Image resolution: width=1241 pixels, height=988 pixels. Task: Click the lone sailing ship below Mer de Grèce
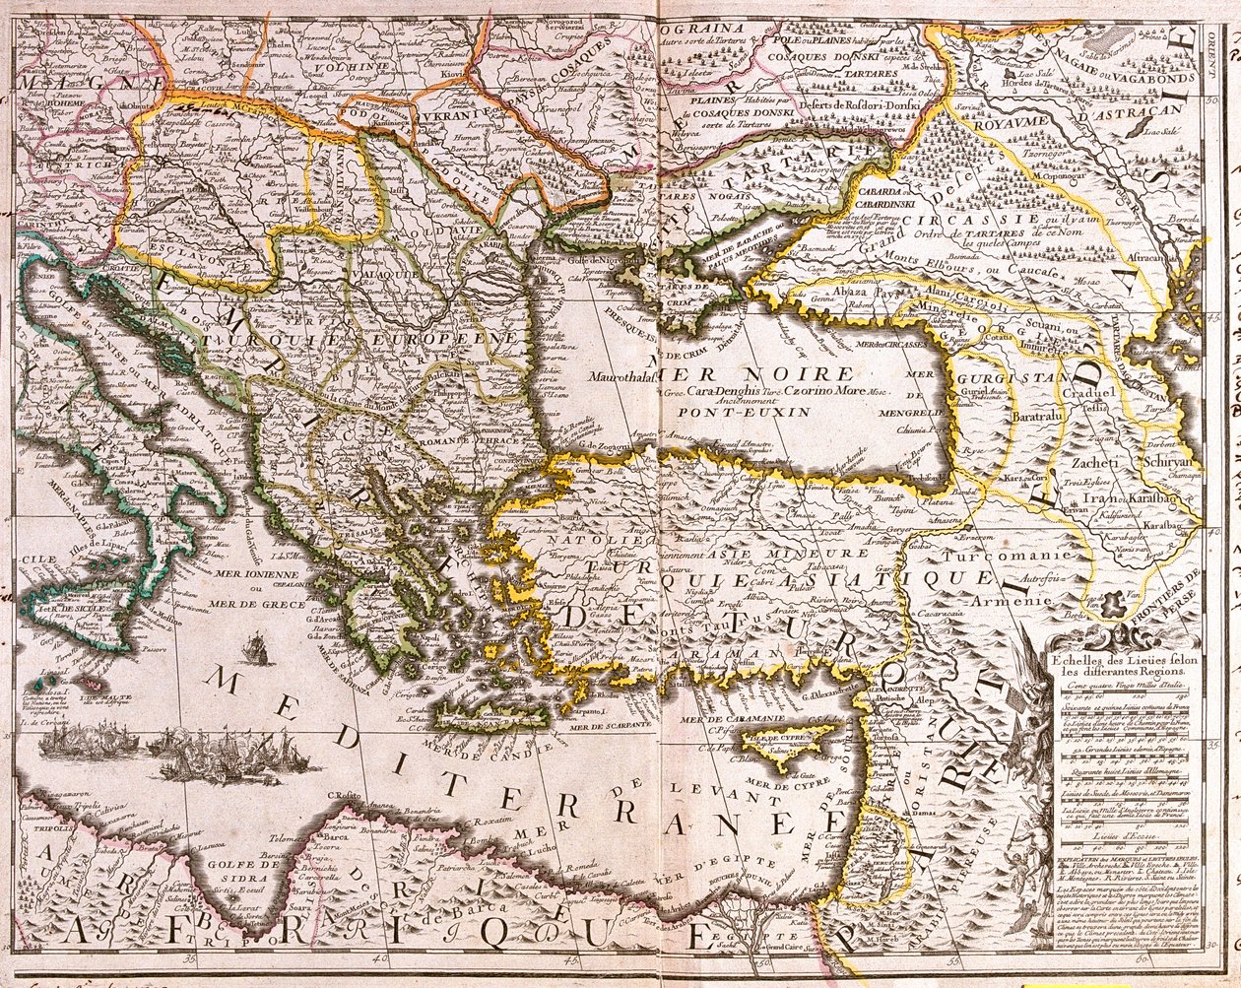256,651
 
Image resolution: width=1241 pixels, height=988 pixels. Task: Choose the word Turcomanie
1018,557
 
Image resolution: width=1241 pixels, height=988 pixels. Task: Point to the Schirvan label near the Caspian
1168,461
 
